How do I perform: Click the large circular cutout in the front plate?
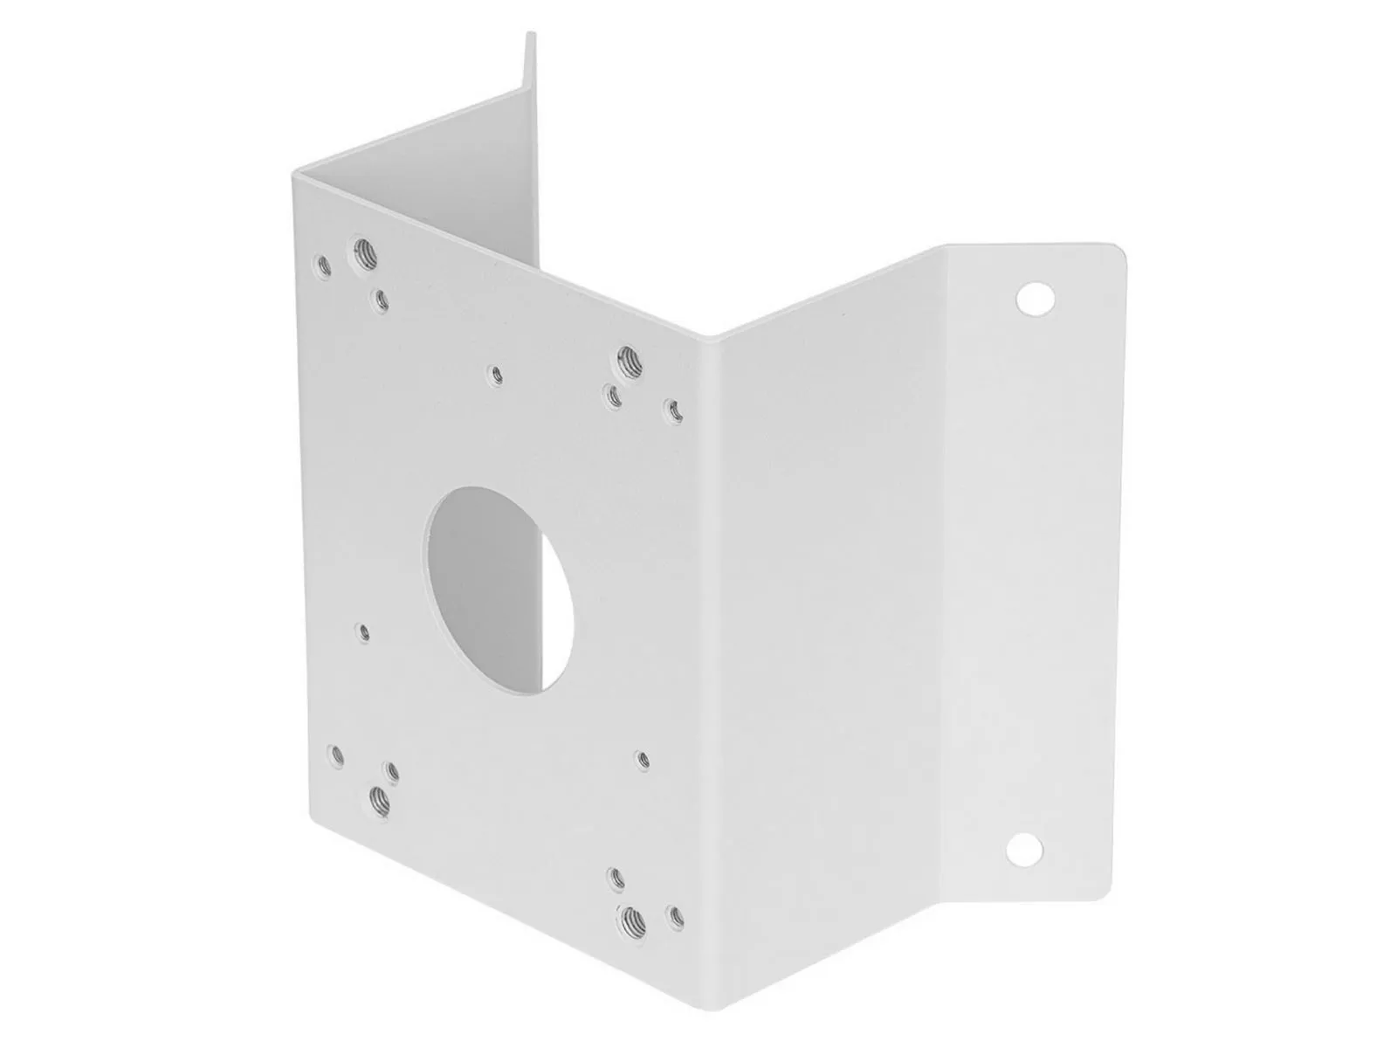500,589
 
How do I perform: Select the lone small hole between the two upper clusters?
496,376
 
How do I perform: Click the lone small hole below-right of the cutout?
643,760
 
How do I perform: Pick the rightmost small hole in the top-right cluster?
672,407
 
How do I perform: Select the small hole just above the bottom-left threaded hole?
391,769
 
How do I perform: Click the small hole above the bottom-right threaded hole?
616,876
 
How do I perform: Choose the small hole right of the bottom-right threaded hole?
673,916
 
